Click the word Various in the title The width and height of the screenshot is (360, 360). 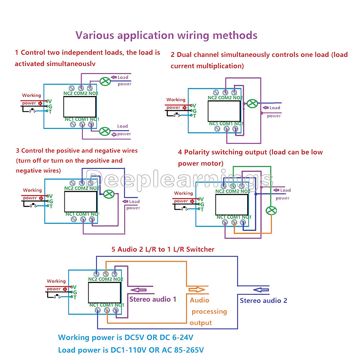pyautogui.click(x=94, y=36)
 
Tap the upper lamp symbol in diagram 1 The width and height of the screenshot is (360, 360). pyautogui.click(x=105, y=81)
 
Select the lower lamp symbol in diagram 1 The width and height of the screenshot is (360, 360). pyautogui.click(x=105, y=131)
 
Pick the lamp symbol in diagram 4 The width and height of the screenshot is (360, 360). pyautogui.click(x=270, y=211)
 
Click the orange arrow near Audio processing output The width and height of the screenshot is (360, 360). pyautogui.click(x=196, y=289)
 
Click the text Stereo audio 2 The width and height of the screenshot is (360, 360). pyautogui.click(x=264, y=301)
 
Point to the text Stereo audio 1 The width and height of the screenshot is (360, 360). pyautogui.click(x=153, y=299)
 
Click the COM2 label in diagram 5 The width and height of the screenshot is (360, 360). pyautogui.click(x=106, y=279)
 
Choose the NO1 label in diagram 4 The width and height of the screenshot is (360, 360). pyautogui.click(x=246, y=217)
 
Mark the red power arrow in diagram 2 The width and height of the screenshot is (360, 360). pyautogui.click(x=185, y=107)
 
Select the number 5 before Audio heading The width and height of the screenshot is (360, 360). pyautogui.click(x=113, y=249)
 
